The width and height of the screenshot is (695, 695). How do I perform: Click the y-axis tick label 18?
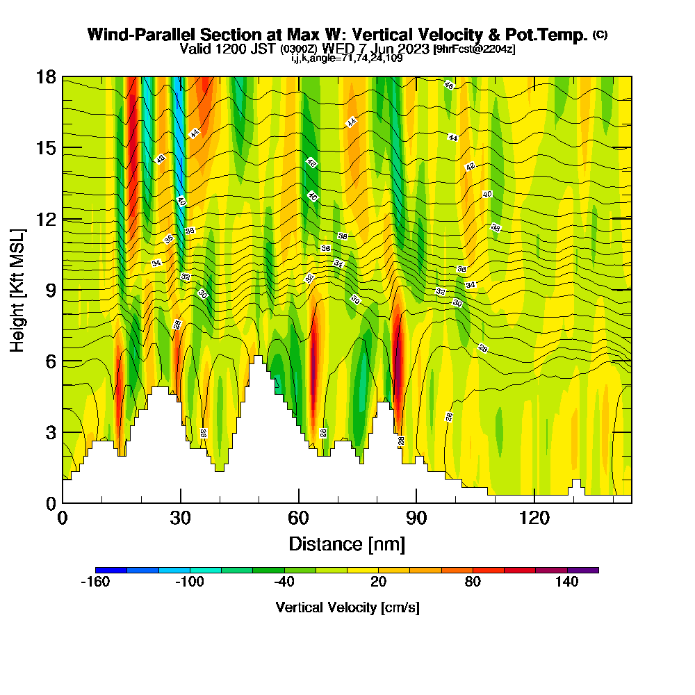[x=46, y=76]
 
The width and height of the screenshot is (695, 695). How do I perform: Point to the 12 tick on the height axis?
[x=46, y=219]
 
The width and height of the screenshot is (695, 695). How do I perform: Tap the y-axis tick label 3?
[x=50, y=432]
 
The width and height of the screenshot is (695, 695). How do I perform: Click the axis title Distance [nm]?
[x=347, y=543]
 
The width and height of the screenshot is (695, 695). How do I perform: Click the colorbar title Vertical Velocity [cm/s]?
[x=347, y=607]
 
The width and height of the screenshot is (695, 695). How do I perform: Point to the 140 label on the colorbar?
[x=567, y=582]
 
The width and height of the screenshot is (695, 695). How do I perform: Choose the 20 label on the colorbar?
[x=378, y=582]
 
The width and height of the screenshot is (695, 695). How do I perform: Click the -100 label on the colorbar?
[x=189, y=582]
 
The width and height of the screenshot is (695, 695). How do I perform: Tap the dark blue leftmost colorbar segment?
[x=111, y=570]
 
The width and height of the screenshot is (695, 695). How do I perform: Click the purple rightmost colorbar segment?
[x=583, y=570]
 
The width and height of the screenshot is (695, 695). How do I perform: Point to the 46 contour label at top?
[x=449, y=85]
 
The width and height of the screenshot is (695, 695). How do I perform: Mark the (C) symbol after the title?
[x=600, y=35]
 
